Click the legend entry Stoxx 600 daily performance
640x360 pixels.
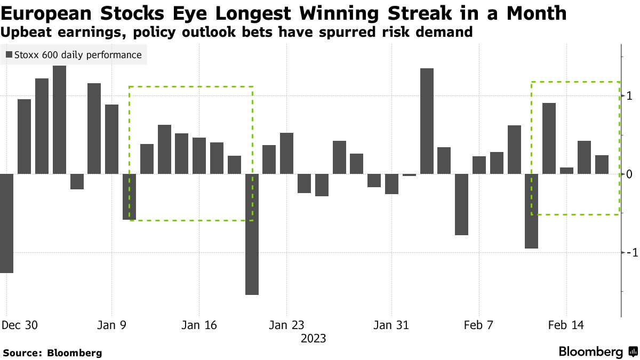pyautogui.click(x=73, y=55)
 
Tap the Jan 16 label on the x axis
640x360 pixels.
pyautogui.click(x=199, y=325)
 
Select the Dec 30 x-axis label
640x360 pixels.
pyautogui.click(x=20, y=325)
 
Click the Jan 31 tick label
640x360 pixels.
pyautogui.click(x=391, y=325)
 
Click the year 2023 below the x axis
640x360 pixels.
pyautogui.click(x=314, y=338)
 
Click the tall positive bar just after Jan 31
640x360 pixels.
pyautogui.click(x=427, y=121)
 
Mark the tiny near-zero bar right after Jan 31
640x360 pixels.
pyautogui.click(x=409, y=174)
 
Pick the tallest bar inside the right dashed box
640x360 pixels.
pyautogui.click(x=549, y=138)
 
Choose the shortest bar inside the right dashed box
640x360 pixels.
pyautogui.click(x=566, y=171)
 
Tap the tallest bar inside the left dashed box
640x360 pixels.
pyautogui.click(x=164, y=149)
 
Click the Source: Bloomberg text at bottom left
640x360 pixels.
pyautogui.click(x=52, y=353)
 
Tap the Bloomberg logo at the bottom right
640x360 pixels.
pyautogui.click(x=597, y=351)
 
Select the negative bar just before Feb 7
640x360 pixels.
pyautogui.click(x=461, y=204)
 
